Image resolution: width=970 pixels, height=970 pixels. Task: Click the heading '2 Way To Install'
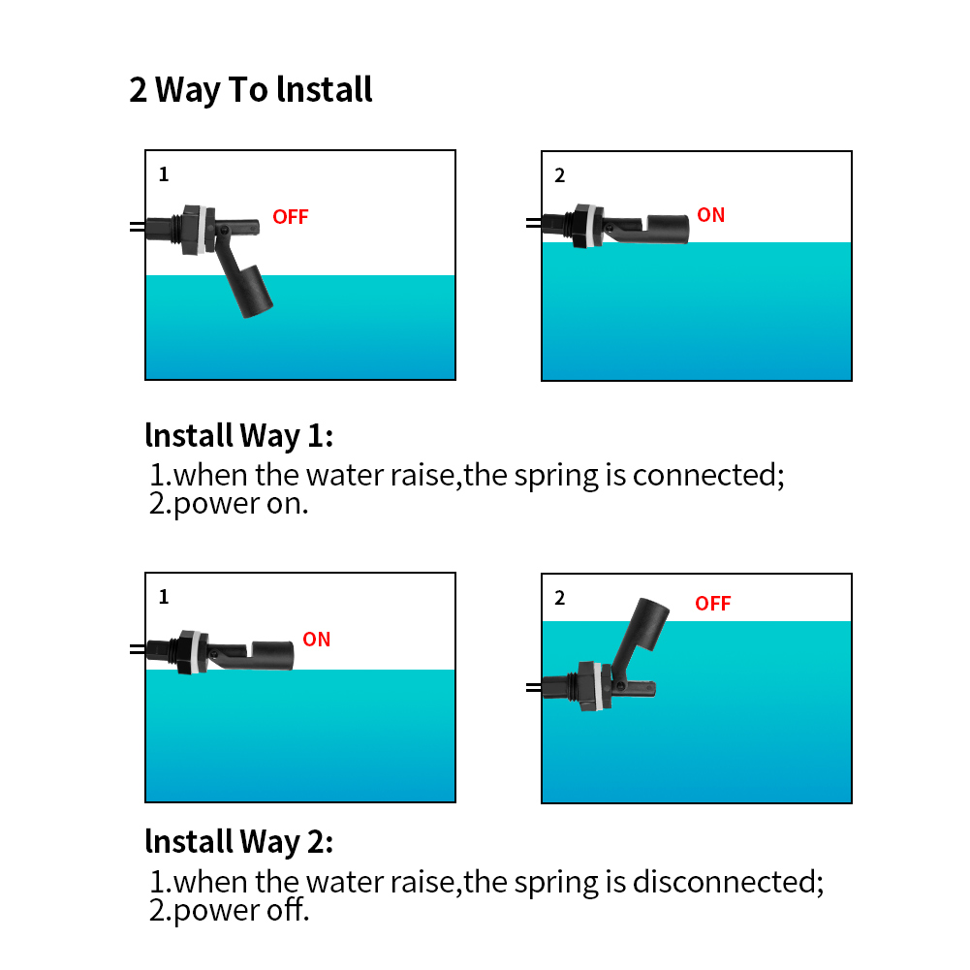[251, 90]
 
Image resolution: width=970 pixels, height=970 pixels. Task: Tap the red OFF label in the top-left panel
[290, 217]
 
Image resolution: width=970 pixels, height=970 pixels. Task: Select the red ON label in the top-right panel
[710, 215]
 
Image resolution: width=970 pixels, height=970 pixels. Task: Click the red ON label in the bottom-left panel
[316, 640]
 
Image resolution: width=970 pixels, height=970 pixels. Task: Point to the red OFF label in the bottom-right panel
[712, 604]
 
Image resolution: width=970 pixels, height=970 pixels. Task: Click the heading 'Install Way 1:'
[238, 436]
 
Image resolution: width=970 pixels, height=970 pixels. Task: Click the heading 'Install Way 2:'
[238, 842]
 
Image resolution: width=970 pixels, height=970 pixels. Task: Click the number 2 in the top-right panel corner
[560, 175]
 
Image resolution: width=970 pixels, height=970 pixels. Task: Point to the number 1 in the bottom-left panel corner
[164, 597]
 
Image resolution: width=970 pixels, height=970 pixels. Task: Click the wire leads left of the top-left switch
[137, 227]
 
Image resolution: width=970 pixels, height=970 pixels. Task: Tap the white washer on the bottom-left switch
[195, 650]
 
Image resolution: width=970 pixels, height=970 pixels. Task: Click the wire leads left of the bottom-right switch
[533, 687]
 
